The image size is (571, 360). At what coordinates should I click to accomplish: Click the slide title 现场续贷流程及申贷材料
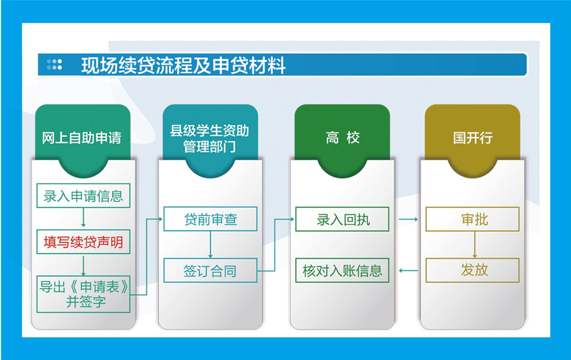coord(183,66)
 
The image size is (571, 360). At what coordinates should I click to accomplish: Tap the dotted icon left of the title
coord(54,64)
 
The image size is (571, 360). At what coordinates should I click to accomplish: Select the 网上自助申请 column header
coord(82,138)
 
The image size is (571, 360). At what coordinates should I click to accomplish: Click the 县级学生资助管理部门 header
coord(210,139)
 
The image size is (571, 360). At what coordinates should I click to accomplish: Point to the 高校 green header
coord(342,138)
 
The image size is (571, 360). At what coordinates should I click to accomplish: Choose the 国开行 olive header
coord(472,138)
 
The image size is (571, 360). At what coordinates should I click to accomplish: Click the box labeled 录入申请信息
coord(83,195)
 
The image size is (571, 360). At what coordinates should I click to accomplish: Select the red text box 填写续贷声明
coord(83,242)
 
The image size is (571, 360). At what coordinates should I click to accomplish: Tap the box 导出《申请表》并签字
coord(83,294)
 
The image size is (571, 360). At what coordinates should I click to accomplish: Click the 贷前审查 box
coord(210,219)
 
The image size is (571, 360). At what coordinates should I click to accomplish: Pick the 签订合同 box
coord(210,270)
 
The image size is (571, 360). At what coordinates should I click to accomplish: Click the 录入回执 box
coord(342,219)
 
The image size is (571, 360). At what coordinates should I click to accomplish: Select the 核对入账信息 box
coord(342,270)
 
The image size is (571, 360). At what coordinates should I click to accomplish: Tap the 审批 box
coord(472,219)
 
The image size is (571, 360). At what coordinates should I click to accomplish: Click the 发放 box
coord(472,270)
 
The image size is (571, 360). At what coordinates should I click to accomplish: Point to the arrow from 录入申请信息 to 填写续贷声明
coord(83,217)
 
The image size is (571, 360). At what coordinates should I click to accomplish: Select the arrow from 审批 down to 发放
coord(475,245)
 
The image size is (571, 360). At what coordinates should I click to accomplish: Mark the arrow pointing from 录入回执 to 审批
coord(409,219)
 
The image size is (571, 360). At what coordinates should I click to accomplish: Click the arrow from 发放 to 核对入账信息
coord(409,271)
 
